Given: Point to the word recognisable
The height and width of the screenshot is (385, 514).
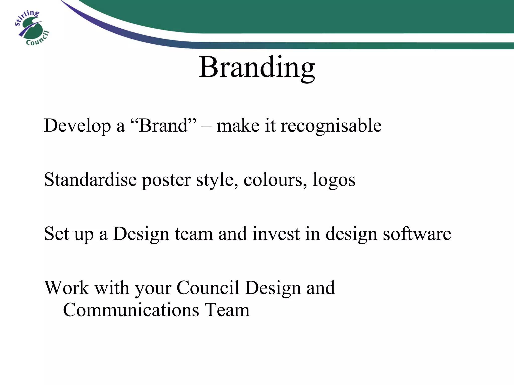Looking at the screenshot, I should (x=331, y=126).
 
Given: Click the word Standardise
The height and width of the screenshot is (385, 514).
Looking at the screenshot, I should (x=90, y=179).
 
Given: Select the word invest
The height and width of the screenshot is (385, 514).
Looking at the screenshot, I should (x=276, y=234).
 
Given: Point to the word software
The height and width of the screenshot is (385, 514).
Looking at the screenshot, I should (x=417, y=234).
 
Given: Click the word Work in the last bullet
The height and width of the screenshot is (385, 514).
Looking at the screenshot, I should (x=67, y=288).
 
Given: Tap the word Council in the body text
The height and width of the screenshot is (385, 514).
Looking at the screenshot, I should (x=208, y=288).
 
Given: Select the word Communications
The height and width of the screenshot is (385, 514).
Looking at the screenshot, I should (x=131, y=310).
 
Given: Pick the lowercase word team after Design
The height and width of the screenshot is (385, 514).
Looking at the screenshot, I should (x=194, y=234).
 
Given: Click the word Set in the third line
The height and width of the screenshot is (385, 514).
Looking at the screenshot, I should (x=56, y=234).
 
